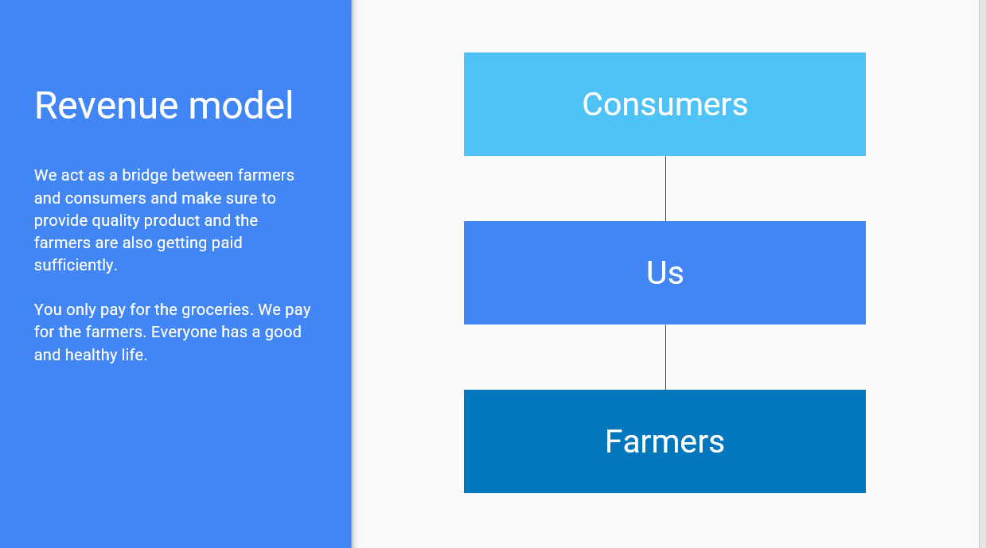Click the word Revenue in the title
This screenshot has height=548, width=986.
point(106,105)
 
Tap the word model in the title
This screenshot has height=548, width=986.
point(240,105)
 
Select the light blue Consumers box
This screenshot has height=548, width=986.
point(664,104)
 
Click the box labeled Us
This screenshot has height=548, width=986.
point(664,273)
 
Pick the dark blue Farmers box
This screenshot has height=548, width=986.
point(664,441)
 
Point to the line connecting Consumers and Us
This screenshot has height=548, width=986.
point(665,188)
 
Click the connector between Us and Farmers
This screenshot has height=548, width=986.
point(665,357)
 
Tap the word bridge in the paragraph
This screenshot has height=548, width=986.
point(145,176)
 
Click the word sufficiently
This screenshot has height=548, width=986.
point(76,266)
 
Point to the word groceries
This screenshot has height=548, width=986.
point(217,310)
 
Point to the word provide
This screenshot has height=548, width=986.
point(60,221)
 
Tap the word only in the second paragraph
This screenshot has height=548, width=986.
point(81,310)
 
